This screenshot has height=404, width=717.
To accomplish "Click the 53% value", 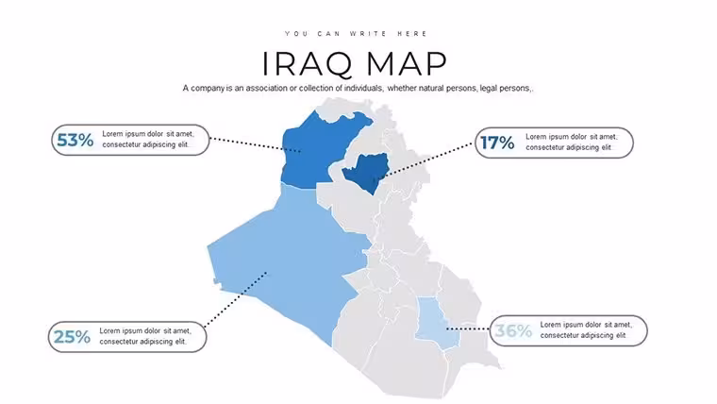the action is point(75,140).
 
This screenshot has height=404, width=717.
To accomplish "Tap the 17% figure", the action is point(497,143).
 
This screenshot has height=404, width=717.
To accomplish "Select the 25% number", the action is point(73,337).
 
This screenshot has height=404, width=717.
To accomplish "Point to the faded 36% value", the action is point(513,330).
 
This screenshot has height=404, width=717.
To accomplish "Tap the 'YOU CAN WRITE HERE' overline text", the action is point(357,34).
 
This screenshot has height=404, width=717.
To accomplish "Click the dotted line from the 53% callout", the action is point(255,144).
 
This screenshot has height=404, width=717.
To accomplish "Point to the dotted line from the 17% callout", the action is point(426,160).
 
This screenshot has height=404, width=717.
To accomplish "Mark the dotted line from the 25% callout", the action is point(235,299).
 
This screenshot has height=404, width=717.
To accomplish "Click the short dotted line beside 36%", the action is point(468,329).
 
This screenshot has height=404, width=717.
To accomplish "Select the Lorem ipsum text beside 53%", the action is point(148,139).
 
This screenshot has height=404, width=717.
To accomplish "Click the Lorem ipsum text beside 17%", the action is point(571,142).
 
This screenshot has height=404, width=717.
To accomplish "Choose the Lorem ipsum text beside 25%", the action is point(145,336).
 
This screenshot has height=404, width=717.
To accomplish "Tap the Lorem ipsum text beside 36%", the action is point(586,329).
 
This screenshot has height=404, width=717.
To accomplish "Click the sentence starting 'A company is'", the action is point(358,88).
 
